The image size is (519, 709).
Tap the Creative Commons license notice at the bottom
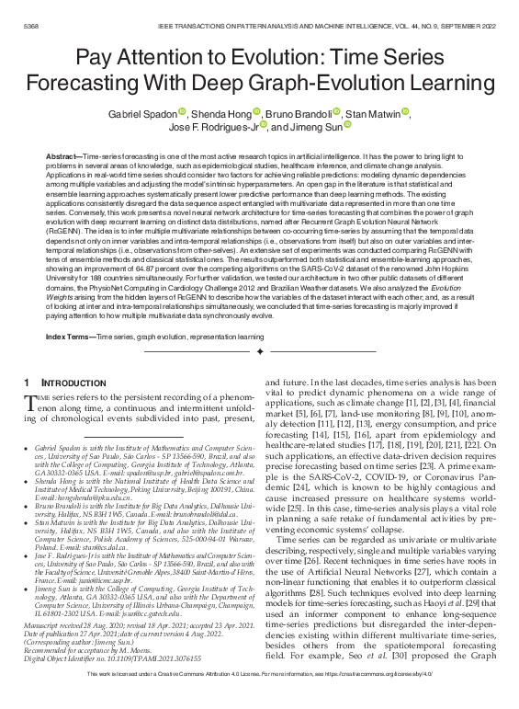click(x=259, y=699)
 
